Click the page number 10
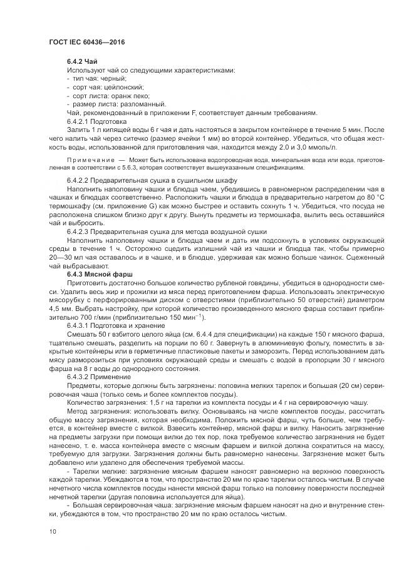coord(52,531)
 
